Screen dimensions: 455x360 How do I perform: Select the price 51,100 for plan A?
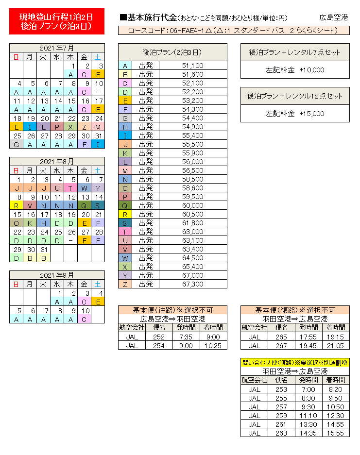tap(192, 66)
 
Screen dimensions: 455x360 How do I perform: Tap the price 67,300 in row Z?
tap(192, 284)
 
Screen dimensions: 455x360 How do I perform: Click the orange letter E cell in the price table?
tap(125, 101)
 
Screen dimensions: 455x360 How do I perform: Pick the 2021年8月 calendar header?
tap(57, 161)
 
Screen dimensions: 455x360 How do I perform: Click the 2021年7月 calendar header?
tap(57, 48)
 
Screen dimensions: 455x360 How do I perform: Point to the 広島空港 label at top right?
tap(333, 17)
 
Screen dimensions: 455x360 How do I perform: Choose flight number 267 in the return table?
tap(281, 345)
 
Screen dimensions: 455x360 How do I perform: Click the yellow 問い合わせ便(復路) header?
tap(295, 363)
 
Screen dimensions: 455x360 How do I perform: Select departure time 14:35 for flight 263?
tap(309, 433)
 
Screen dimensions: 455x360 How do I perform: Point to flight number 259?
tap(281, 415)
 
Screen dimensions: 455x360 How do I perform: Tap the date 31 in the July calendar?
tap(98, 135)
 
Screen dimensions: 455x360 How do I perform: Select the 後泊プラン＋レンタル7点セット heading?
tap(295, 52)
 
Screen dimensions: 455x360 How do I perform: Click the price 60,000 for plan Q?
tap(192, 205)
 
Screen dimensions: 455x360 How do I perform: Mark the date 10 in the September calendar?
tap(85, 310)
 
